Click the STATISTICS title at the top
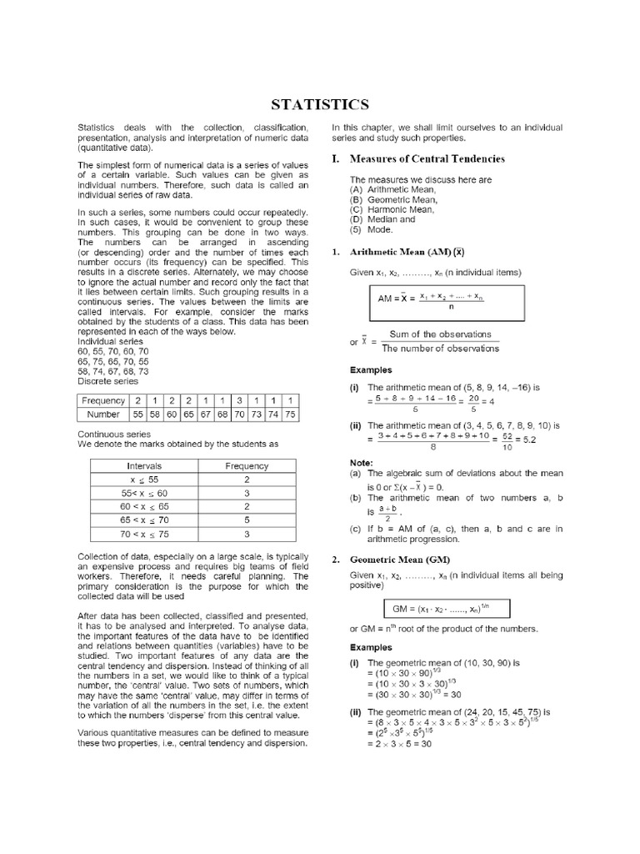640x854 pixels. pos(320,104)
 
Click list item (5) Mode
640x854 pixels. pos(372,229)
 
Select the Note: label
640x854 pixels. pos(362,462)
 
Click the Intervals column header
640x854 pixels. pos(144,466)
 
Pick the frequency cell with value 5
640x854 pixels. pos(247,519)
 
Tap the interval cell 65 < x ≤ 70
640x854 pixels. pos(144,519)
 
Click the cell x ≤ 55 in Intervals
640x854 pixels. pos(144,480)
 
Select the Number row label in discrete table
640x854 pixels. pos(102,414)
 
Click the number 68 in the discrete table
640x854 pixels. pos(221,414)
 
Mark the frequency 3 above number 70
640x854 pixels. pos(238,400)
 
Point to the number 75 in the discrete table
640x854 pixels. pos(289,414)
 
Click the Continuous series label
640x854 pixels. pos(114,435)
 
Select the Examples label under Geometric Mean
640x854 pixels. pos(371,647)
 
